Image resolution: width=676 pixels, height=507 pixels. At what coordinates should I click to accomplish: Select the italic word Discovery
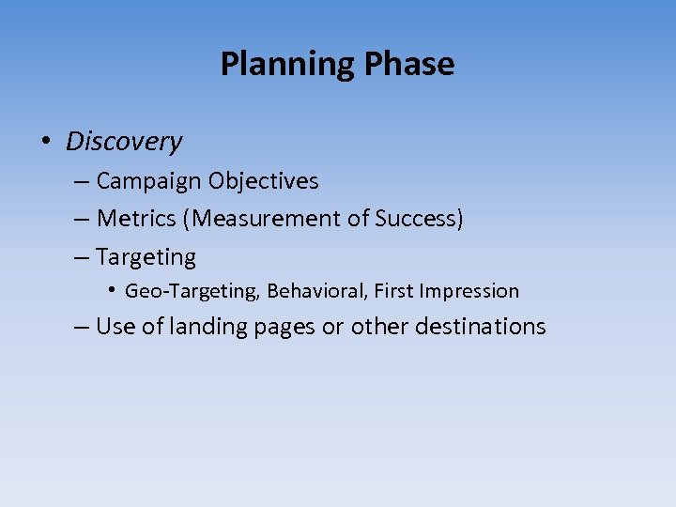pyautogui.click(x=124, y=142)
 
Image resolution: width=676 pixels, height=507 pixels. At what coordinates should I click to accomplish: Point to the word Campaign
pyautogui.click(x=149, y=181)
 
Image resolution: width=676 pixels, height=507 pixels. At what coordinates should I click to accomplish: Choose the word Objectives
pyautogui.click(x=264, y=181)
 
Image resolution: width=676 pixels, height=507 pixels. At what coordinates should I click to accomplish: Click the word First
pyautogui.click(x=394, y=291)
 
